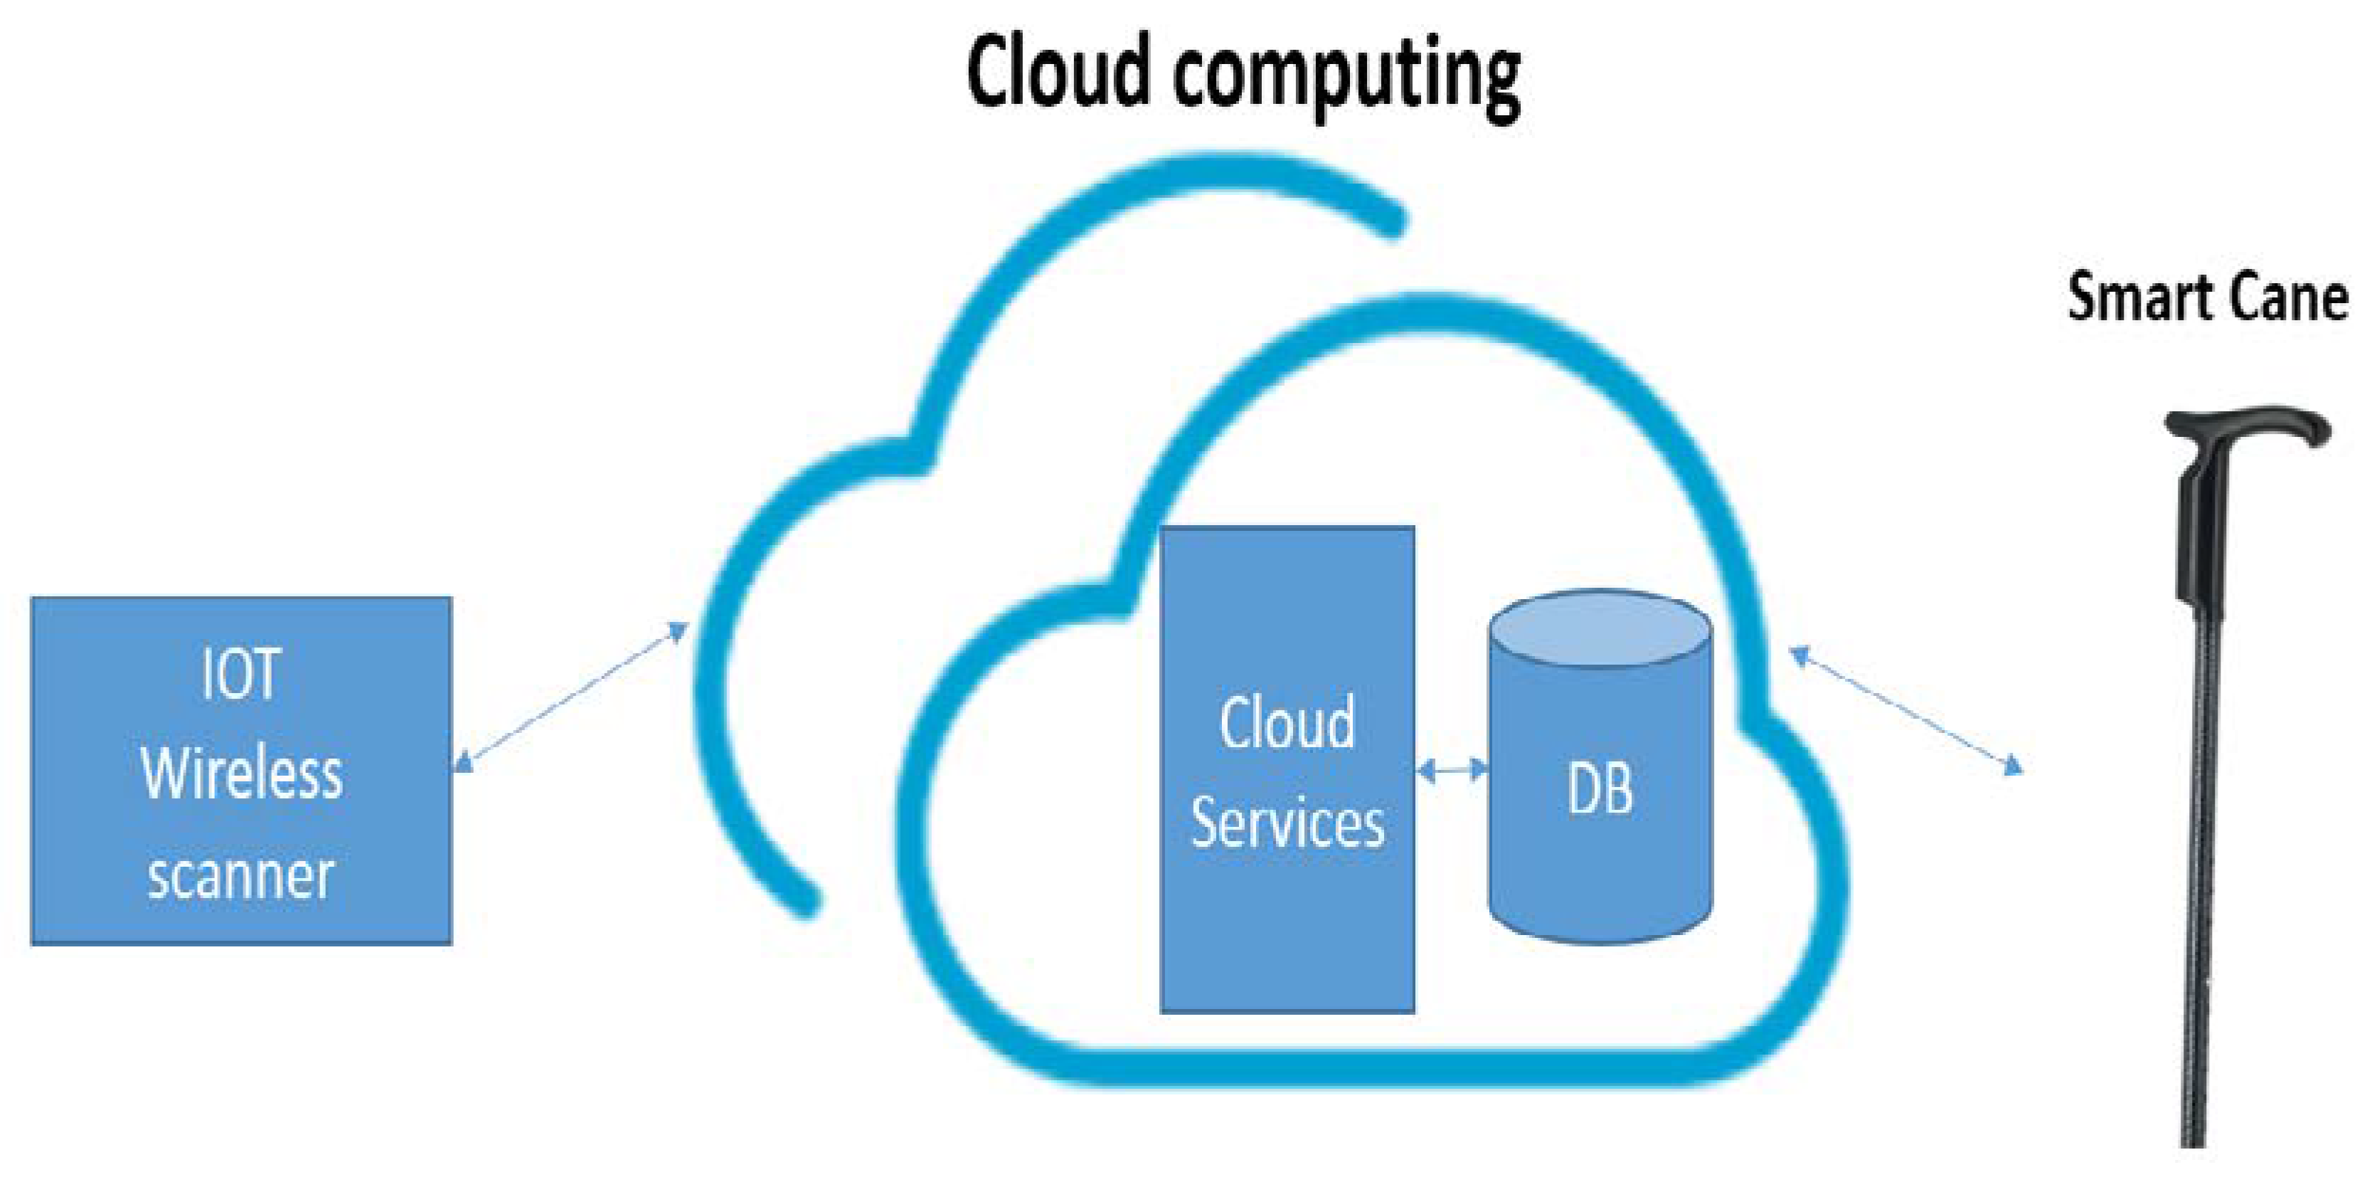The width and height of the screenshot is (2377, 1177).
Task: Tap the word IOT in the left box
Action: click(240, 674)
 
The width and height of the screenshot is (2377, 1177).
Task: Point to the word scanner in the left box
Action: click(240, 875)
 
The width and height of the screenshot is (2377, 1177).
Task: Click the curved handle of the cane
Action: click(2252, 426)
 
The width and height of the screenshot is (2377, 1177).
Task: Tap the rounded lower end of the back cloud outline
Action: click(804, 899)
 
